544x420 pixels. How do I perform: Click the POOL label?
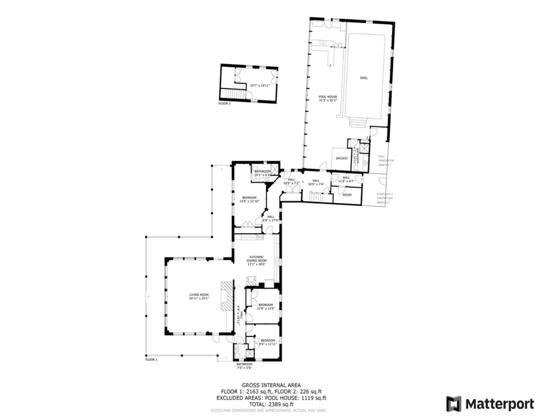point(364,78)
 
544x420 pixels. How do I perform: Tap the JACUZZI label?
point(342,158)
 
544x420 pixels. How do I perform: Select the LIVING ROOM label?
point(199,296)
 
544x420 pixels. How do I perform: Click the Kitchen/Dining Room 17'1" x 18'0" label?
point(257,260)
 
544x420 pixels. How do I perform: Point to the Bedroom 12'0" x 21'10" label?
point(249,199)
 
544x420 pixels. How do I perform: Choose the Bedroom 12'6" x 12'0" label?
point(266,306)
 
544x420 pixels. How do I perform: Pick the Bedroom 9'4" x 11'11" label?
point(267,342)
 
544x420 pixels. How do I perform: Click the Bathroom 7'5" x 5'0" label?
point(244,366)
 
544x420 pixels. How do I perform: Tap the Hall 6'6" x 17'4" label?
point(271,218)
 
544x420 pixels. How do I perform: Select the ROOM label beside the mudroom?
point(347,195)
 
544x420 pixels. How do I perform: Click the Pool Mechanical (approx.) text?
point(386,160)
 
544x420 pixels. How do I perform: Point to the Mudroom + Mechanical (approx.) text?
point(385,198)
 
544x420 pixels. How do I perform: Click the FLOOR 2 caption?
point(225,103)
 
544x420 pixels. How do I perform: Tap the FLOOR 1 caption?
point(151,360)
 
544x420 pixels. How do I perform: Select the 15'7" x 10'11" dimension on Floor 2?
point(260,85)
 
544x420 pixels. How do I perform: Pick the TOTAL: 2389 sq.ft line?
point(271,404)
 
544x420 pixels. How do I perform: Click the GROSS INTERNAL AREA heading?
point(271,385)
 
